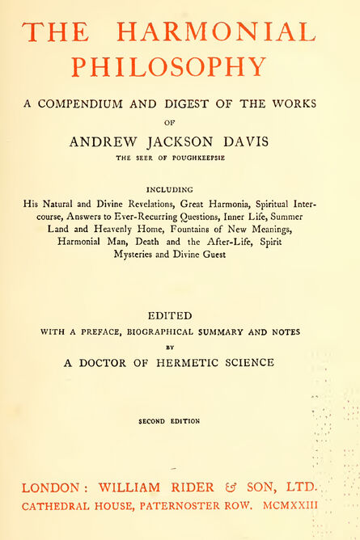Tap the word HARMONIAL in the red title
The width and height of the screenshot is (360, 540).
[x=215, y=32]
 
